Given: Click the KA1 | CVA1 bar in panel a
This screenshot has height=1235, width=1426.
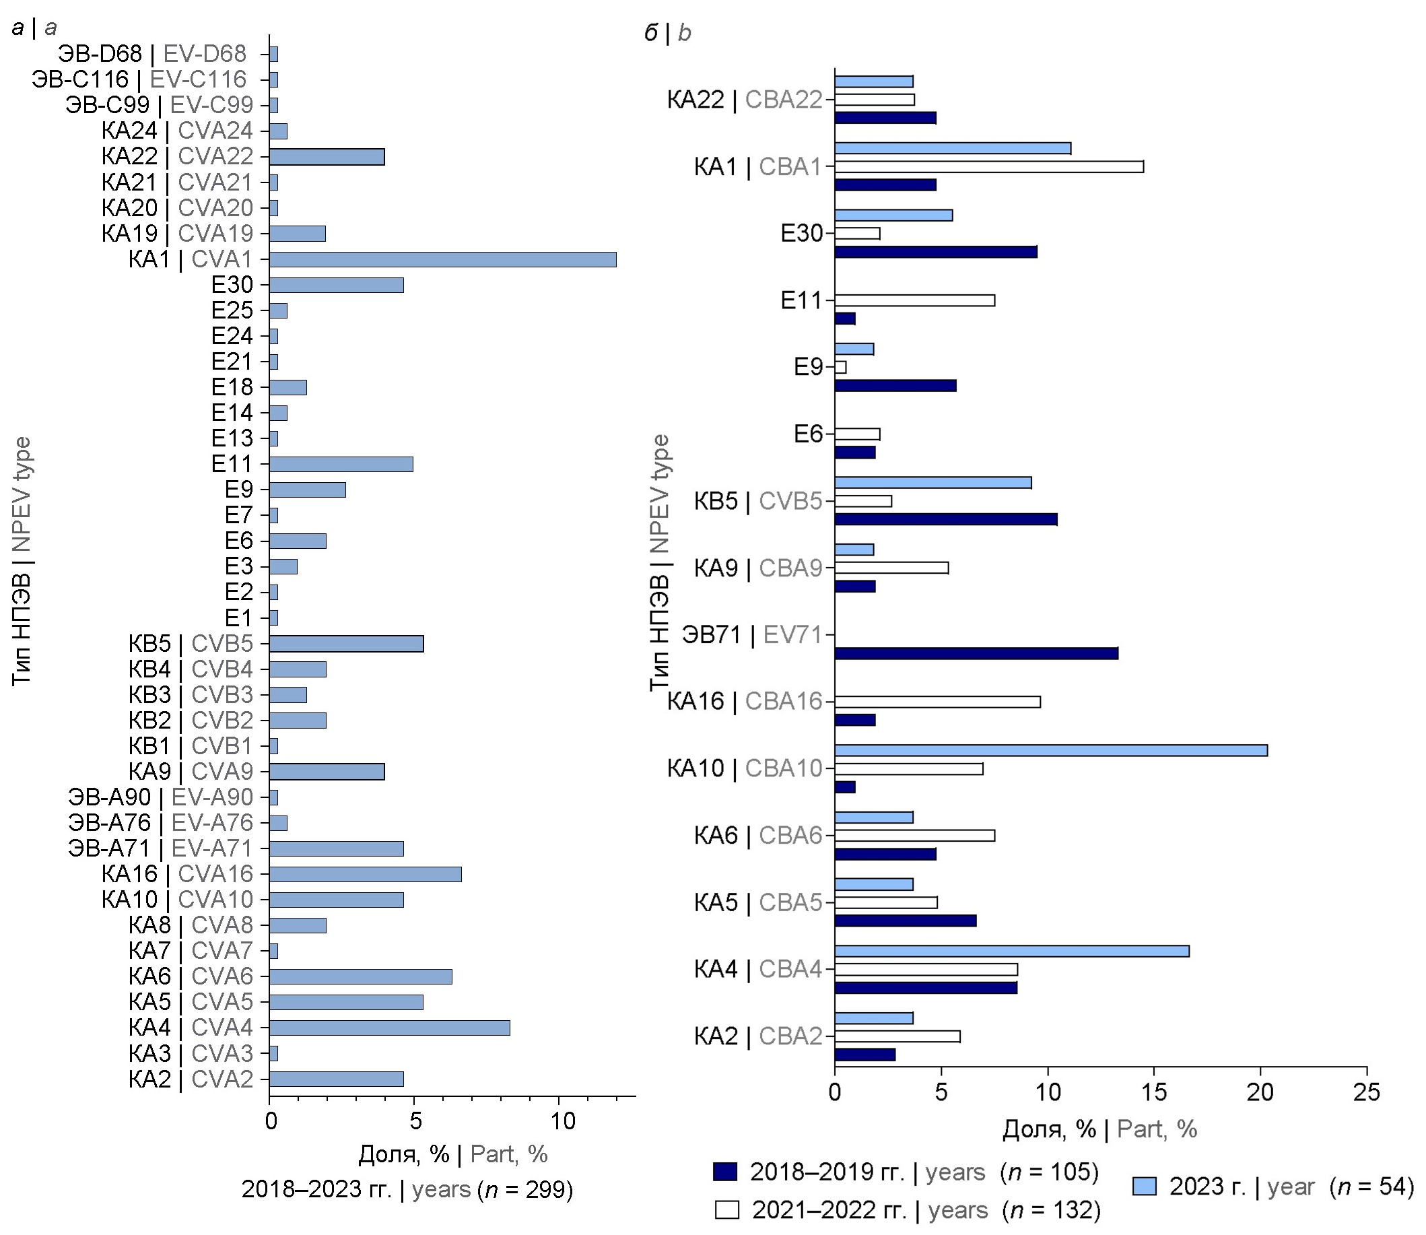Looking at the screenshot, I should [x=442, y=259].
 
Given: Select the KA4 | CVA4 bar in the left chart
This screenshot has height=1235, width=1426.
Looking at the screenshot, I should [x=389, y=1028].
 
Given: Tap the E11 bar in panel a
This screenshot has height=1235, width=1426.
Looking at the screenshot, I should [x=341, y=464].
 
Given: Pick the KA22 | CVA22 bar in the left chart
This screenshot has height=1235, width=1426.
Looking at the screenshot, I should [x=327, y=156].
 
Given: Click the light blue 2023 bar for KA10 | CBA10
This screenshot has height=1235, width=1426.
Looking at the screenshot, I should [x=1050, y=751].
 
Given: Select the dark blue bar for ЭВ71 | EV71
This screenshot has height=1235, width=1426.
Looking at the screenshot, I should [x=976, y=653].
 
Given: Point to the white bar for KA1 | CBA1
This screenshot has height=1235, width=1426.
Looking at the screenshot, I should [x=988, y=167].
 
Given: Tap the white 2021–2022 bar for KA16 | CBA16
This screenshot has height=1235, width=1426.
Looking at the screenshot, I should [x=937, y=702].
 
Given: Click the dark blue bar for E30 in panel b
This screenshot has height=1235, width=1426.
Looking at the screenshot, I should [x=935, y=253].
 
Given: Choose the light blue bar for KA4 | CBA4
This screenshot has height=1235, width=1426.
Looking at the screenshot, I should [x=1011, y=951].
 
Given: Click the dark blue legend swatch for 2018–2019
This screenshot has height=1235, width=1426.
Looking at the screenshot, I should [x=724, y=1172].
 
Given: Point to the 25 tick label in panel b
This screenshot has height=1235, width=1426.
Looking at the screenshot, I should [x=1367, y=1092].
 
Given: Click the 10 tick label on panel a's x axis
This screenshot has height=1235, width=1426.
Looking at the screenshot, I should [x=563, y=1121].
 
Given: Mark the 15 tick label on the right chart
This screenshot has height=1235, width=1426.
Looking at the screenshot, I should [x=1154, y=1092].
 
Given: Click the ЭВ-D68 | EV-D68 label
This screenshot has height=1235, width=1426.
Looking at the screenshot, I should [x=151, y=54].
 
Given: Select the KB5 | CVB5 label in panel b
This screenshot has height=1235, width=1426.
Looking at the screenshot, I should [x=758, y=501].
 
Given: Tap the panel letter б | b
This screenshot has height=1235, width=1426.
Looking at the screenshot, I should [x=667, y=32].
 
